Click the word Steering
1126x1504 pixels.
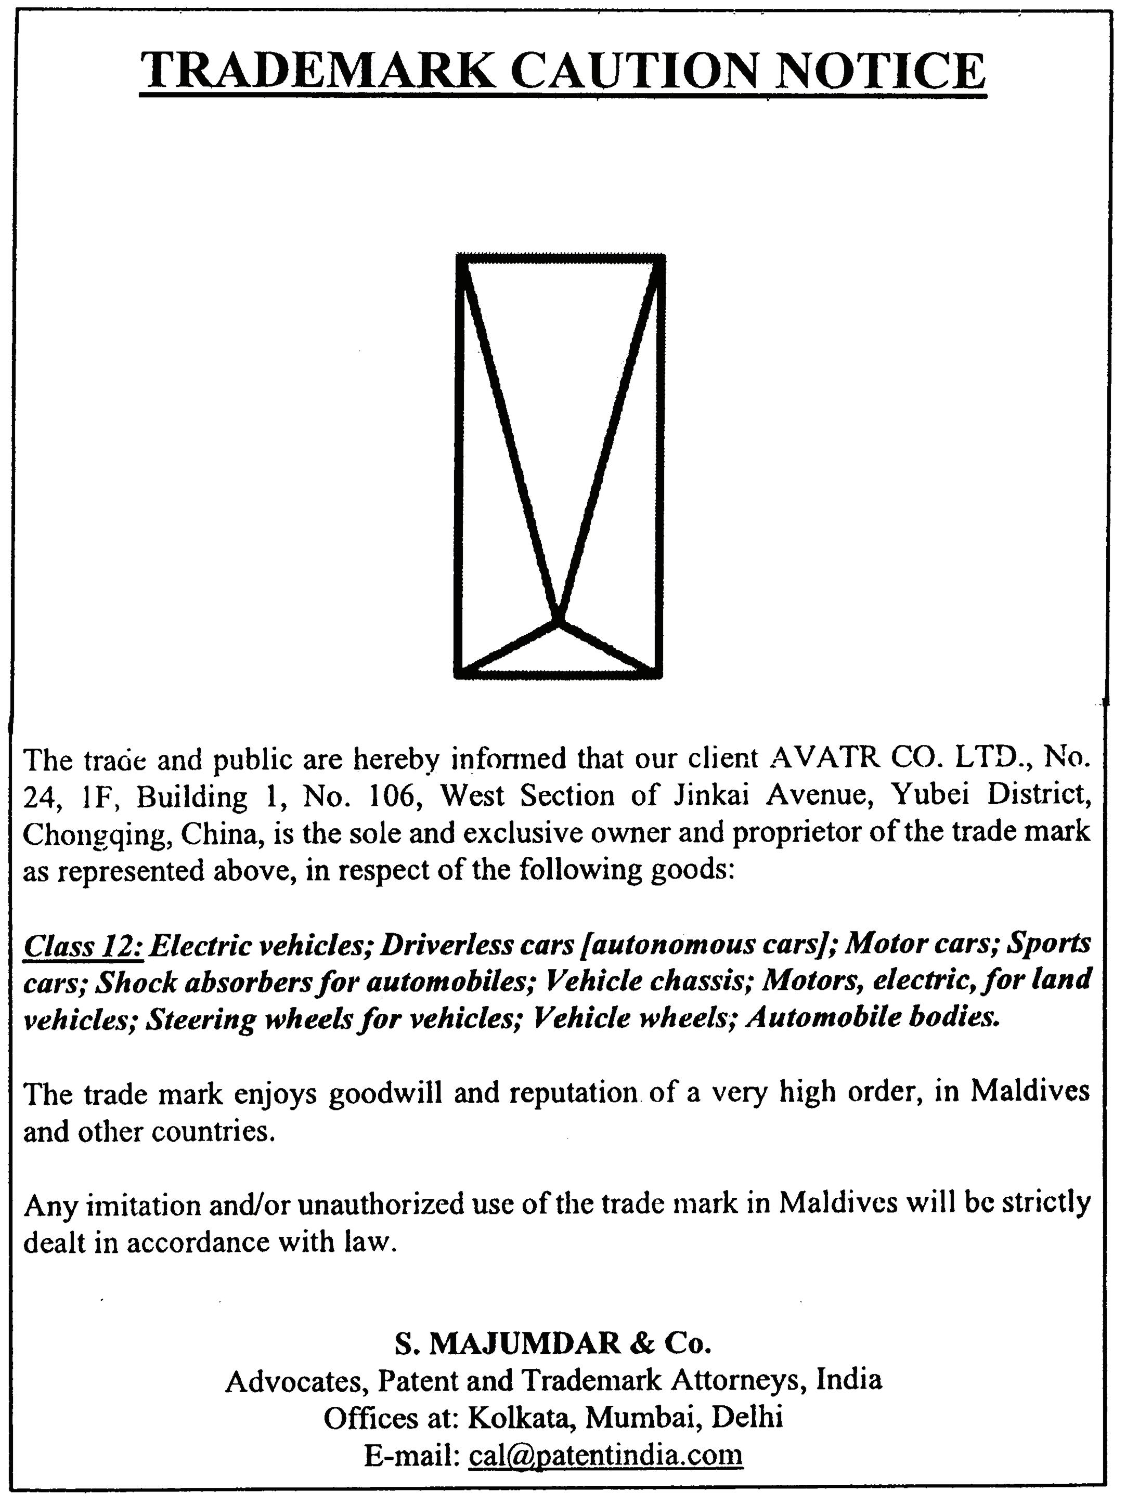click(x=201, y=1019)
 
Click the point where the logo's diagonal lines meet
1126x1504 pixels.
click(x=558, y=620)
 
